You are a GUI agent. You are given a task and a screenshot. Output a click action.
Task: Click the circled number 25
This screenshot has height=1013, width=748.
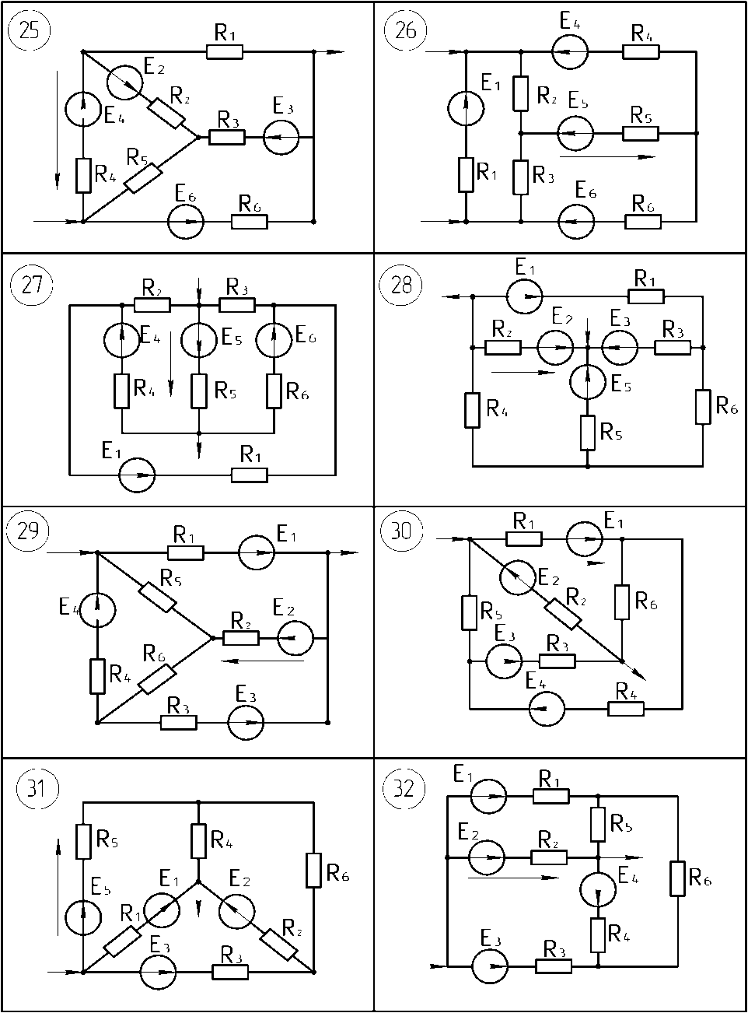(30, 30)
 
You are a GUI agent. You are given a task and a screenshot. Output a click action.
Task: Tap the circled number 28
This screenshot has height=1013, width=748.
(401, 284)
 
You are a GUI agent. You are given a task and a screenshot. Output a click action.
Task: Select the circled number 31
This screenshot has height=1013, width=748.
(37, 788)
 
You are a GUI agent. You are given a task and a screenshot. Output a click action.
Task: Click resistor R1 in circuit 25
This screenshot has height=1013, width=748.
(225, 51)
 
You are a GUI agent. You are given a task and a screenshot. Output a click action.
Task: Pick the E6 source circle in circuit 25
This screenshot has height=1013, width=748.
(186, 222)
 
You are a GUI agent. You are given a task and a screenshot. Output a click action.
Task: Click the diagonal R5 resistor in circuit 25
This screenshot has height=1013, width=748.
(143, 178)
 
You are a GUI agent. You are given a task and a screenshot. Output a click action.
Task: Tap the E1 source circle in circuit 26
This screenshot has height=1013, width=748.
(466, 108)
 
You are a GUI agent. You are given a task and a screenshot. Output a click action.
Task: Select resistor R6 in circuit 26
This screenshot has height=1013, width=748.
(643, 222)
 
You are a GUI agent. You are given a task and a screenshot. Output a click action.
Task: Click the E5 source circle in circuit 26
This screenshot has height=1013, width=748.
(575, 133)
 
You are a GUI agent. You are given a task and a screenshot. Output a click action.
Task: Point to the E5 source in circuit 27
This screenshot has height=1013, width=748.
(198, 340)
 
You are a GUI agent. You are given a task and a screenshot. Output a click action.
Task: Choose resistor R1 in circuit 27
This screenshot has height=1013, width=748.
(249, 475)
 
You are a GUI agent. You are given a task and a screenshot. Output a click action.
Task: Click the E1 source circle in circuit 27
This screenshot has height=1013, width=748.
(137, 475)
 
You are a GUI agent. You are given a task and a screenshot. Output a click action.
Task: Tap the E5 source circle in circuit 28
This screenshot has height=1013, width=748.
(587, 381)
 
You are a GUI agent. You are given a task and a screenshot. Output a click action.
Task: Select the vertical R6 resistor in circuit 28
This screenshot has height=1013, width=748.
(703, 407)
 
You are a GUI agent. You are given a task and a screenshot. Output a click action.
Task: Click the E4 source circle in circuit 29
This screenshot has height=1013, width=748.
(98, 609)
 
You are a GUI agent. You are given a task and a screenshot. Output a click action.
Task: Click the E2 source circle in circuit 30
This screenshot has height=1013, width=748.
(518, 577)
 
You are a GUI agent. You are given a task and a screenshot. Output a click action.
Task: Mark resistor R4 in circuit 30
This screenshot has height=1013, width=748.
(626, 710)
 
